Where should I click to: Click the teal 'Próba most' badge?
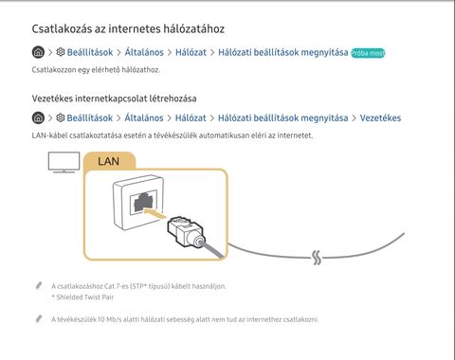368,53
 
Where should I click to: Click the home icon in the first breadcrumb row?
38,52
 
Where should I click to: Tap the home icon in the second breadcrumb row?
38,117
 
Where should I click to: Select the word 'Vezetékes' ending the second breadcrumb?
380,117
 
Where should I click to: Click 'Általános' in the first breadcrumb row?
144,52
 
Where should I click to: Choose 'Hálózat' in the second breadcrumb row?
191,117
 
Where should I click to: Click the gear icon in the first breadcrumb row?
61,52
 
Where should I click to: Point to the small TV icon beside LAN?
64,162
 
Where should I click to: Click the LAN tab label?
108,161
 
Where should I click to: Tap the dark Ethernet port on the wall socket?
144,202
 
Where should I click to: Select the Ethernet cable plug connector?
186,232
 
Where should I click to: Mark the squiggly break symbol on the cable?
317,258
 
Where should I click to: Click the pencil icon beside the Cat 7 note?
39,286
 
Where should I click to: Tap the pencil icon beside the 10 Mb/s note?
39,319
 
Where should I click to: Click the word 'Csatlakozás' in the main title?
63,28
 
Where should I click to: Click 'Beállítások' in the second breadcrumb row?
90,117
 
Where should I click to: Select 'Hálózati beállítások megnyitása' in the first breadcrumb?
283,52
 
